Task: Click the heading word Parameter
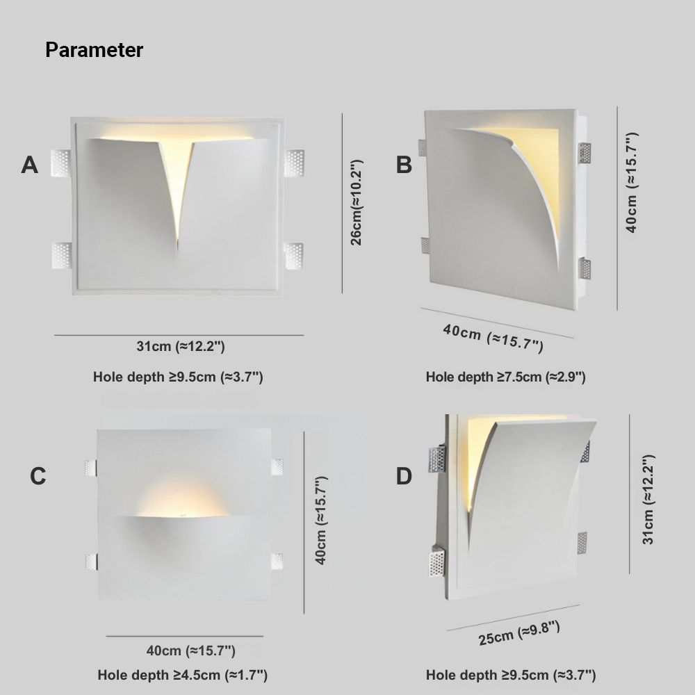(x=94, y=50)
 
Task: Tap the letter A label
(x=29, y=165)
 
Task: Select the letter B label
(x=404, y=165)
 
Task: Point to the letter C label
(x=38, y=476)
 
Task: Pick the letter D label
(x=404, y=476)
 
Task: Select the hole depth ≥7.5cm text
(x=505, y=377)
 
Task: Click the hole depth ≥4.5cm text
(x=182, y=675)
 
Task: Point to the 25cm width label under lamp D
(x=518, y=633)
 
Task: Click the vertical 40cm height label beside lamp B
(x=631, y=182)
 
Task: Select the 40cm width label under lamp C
(x=190, y=651)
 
